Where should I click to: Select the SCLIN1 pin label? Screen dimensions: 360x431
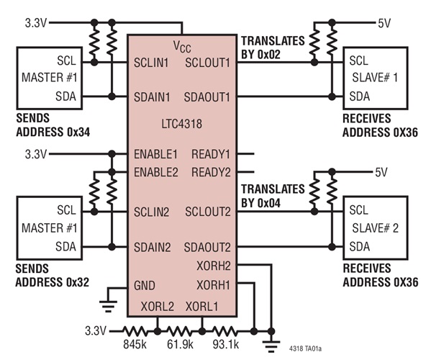coord(153,63)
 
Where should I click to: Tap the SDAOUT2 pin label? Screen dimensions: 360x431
coord(207,247)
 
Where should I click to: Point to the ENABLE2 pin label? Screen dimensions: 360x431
coord(156,172)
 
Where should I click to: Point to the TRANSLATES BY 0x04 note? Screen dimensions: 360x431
coord(271,197)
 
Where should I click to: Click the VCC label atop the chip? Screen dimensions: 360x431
coord(183,46)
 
